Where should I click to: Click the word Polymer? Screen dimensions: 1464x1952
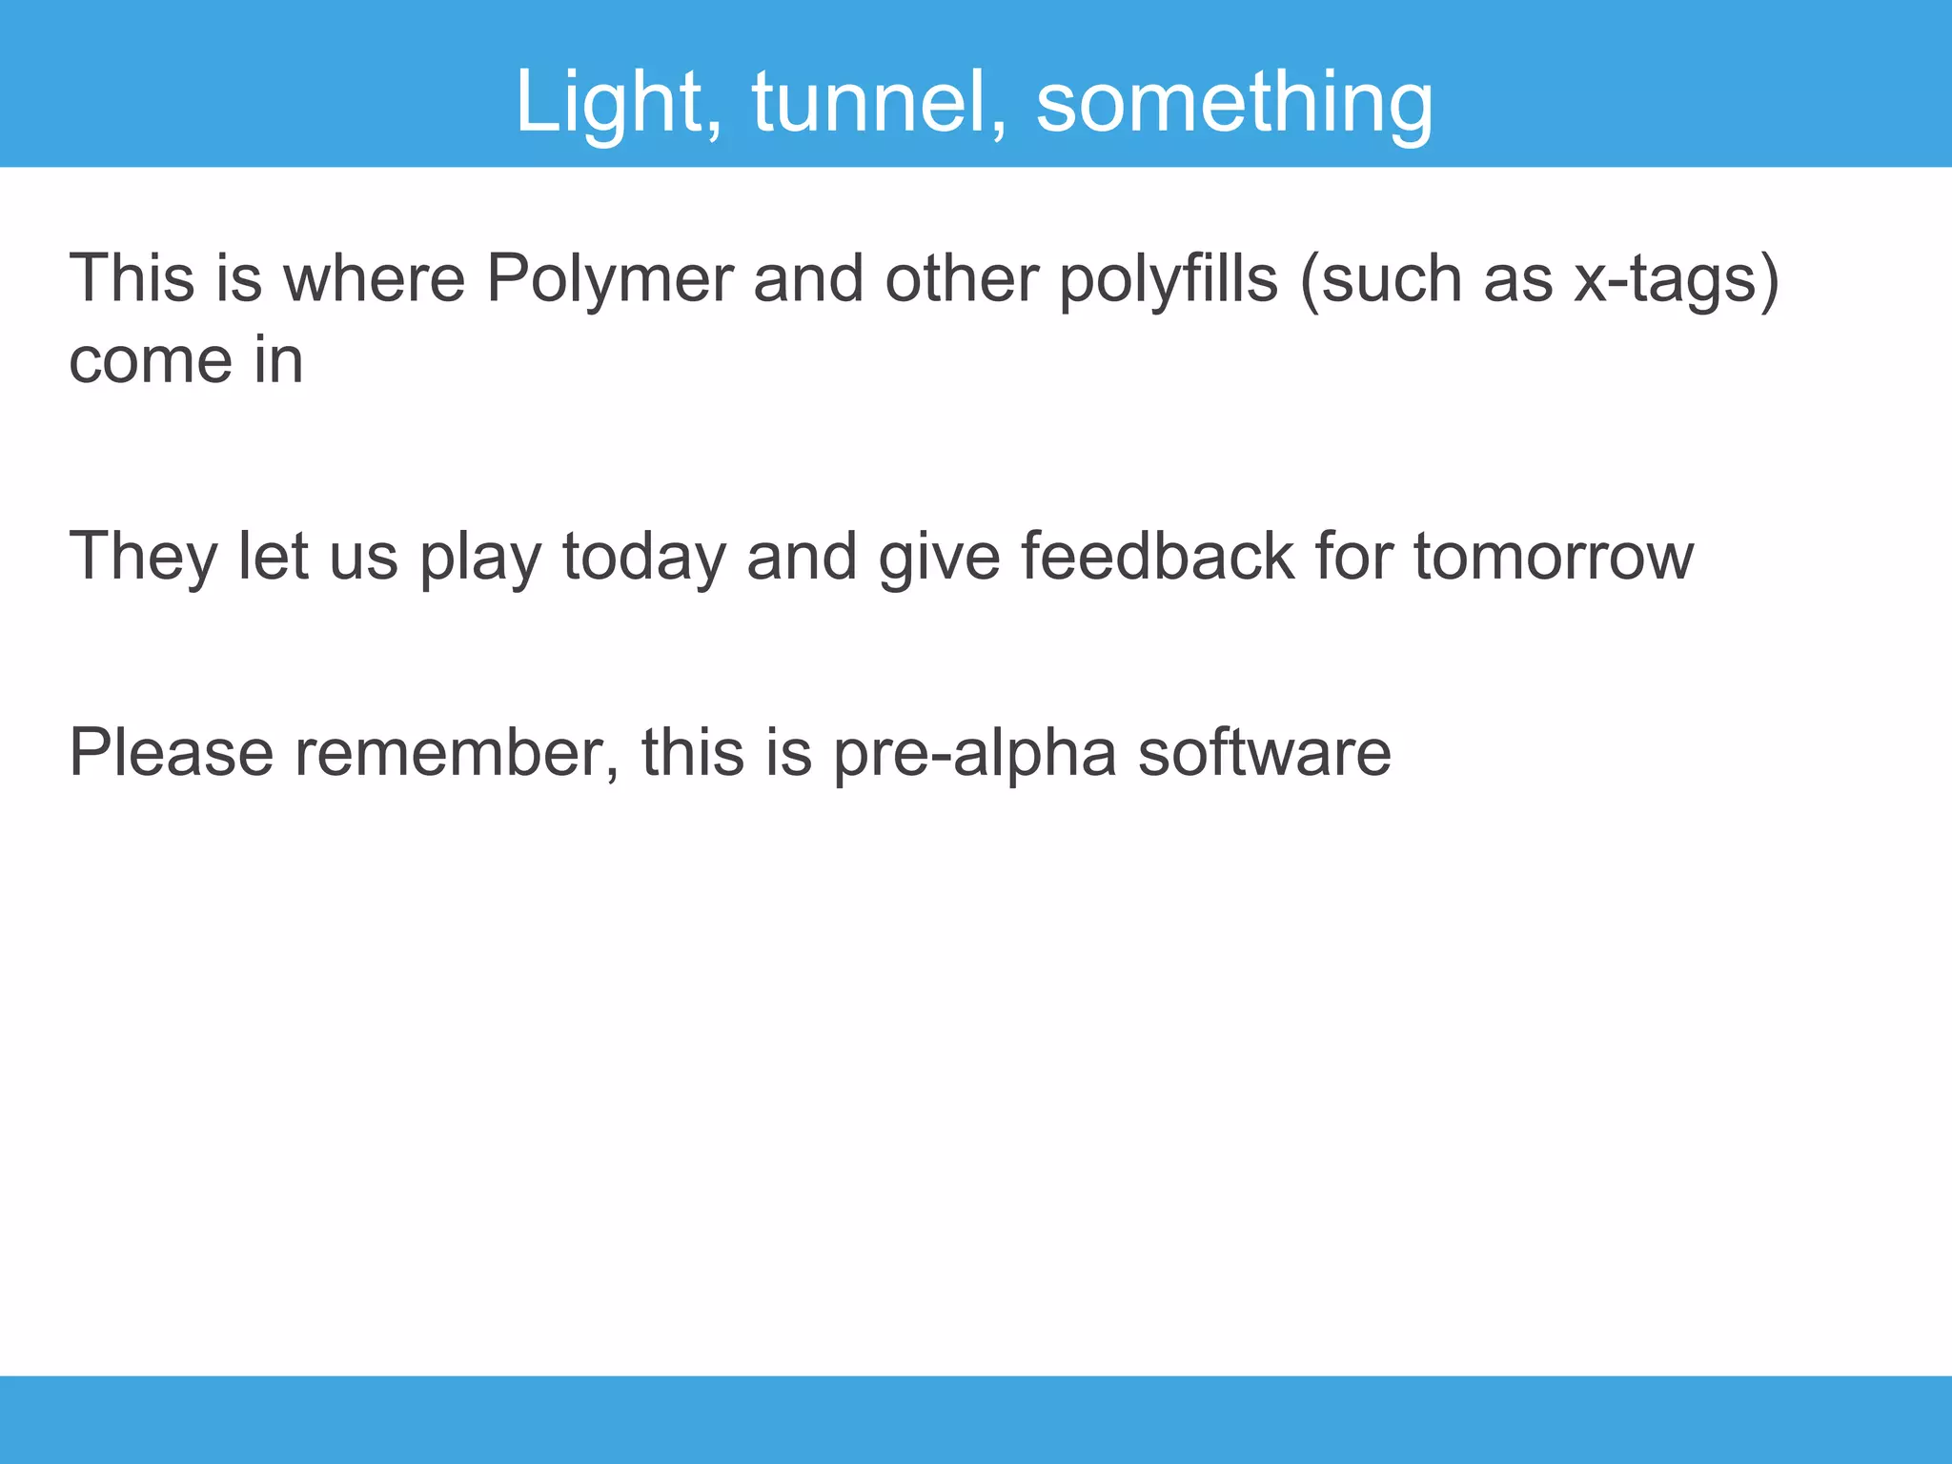[x=609, y=279]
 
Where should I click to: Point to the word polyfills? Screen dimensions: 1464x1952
[x=1169, y=279]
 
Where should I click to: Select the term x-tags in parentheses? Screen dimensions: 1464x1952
[x=1663, y=279]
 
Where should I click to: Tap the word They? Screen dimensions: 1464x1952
[x=143, y=557]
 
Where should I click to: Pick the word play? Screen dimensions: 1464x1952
[x=480, y=557]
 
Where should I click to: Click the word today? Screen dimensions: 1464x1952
[x=643, y=557]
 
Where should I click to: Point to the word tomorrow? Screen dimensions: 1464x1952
[x=1553, y=557]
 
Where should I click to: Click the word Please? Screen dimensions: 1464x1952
[x=172, y=753]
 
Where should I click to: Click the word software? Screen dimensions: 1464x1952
[x=1264, y=753]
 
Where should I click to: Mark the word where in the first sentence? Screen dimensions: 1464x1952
[x=374, y=279]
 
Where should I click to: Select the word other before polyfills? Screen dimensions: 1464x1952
[x=961, y=279]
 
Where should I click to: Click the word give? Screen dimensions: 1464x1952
[x=939, y=557]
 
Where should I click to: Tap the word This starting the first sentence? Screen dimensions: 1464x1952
[x=132, y=279]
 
